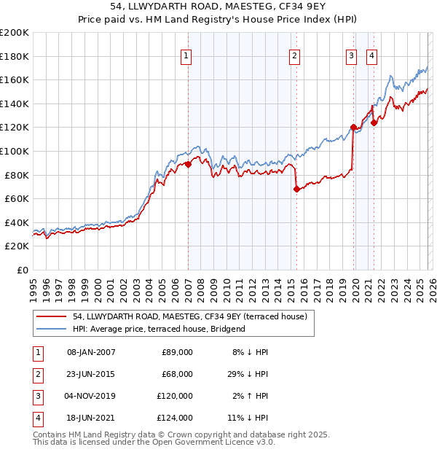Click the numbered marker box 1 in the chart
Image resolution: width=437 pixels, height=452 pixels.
tap(186, 55)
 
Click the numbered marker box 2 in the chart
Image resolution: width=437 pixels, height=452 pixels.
tap(295, 55)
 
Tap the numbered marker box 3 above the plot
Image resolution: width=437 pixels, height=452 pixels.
tap(351, 55)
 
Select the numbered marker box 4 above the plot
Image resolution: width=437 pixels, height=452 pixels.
tap(371, 55)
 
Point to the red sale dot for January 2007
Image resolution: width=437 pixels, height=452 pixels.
tap(188, 164)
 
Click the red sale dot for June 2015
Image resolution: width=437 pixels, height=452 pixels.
tap(296, 189)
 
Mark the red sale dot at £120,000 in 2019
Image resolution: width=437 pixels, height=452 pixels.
tap(353, 127)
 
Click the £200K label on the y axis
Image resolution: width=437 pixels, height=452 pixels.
tap(15, 32)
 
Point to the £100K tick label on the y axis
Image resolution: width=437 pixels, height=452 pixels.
tap(15, 151)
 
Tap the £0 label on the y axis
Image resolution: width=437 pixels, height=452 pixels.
tap(23, 270)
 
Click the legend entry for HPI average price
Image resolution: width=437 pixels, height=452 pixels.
tap(159, 329)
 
